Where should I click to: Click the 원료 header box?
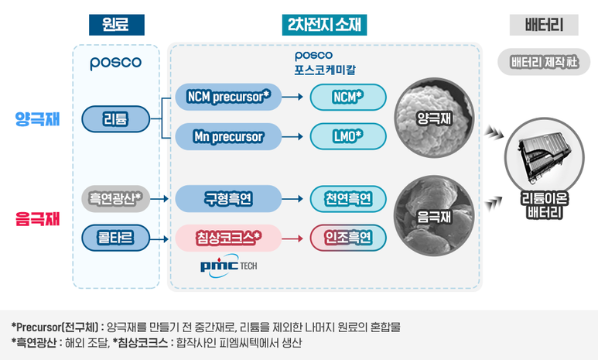pyautogui.click(x=116, y=25)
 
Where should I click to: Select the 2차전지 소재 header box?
pyautogui.click(x=324, y=25)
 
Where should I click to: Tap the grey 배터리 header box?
pyautogui.click(x=544, y=25)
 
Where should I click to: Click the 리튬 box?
pyautogui.click(x=116, y=118)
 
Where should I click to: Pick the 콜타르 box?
pyautogui.click(x=116, y=236)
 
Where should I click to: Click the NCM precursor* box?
pyautogui.click(x=228, y=97)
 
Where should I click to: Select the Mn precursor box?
pyautogui.click(x=228, y=137)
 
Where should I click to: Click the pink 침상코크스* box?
pyautogui.click(x=228, y=236)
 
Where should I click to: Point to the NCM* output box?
pyautogui.click(x=347, y=97)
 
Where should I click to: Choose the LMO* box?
pyautogui.click(x=347, y=137)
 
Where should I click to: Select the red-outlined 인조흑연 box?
pyautogui.click(x=347, y=236)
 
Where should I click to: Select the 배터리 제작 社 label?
pyautogui.click(x=544, y=63)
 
